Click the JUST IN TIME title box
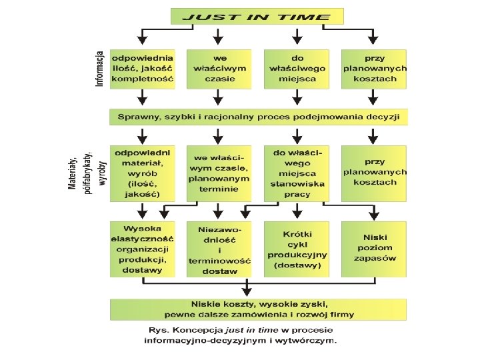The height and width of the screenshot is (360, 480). pyautogui.click(x=257, y=17)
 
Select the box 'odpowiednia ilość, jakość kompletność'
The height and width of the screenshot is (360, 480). pyautogui.click(x=143, y=69)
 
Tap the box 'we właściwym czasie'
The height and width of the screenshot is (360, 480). pyautogui.click(x=219, y=69)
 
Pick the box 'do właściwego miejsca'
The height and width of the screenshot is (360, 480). pyautogui.click(x=297, y=69)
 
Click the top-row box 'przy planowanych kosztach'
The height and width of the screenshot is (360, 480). pyautogui.click(x=374, y=69)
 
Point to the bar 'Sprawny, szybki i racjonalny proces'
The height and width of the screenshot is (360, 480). pyautogui.click(x=259, y=117)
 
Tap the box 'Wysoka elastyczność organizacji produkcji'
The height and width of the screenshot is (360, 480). pyautogui.click(x=143, y=249)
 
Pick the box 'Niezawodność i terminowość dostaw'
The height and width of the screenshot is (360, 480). pyautogui.click(x=219, y=249)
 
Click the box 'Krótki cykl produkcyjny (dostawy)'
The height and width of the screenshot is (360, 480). pyautogui.click(x=297, y=249)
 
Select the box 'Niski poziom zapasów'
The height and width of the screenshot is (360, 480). pyautogui.click(x=374, y=249)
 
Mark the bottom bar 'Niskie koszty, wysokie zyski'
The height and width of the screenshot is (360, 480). pyautogui.click(x=259, y=309)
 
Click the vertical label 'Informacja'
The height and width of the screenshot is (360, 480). pyautogui.click(x=100, y=69)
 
